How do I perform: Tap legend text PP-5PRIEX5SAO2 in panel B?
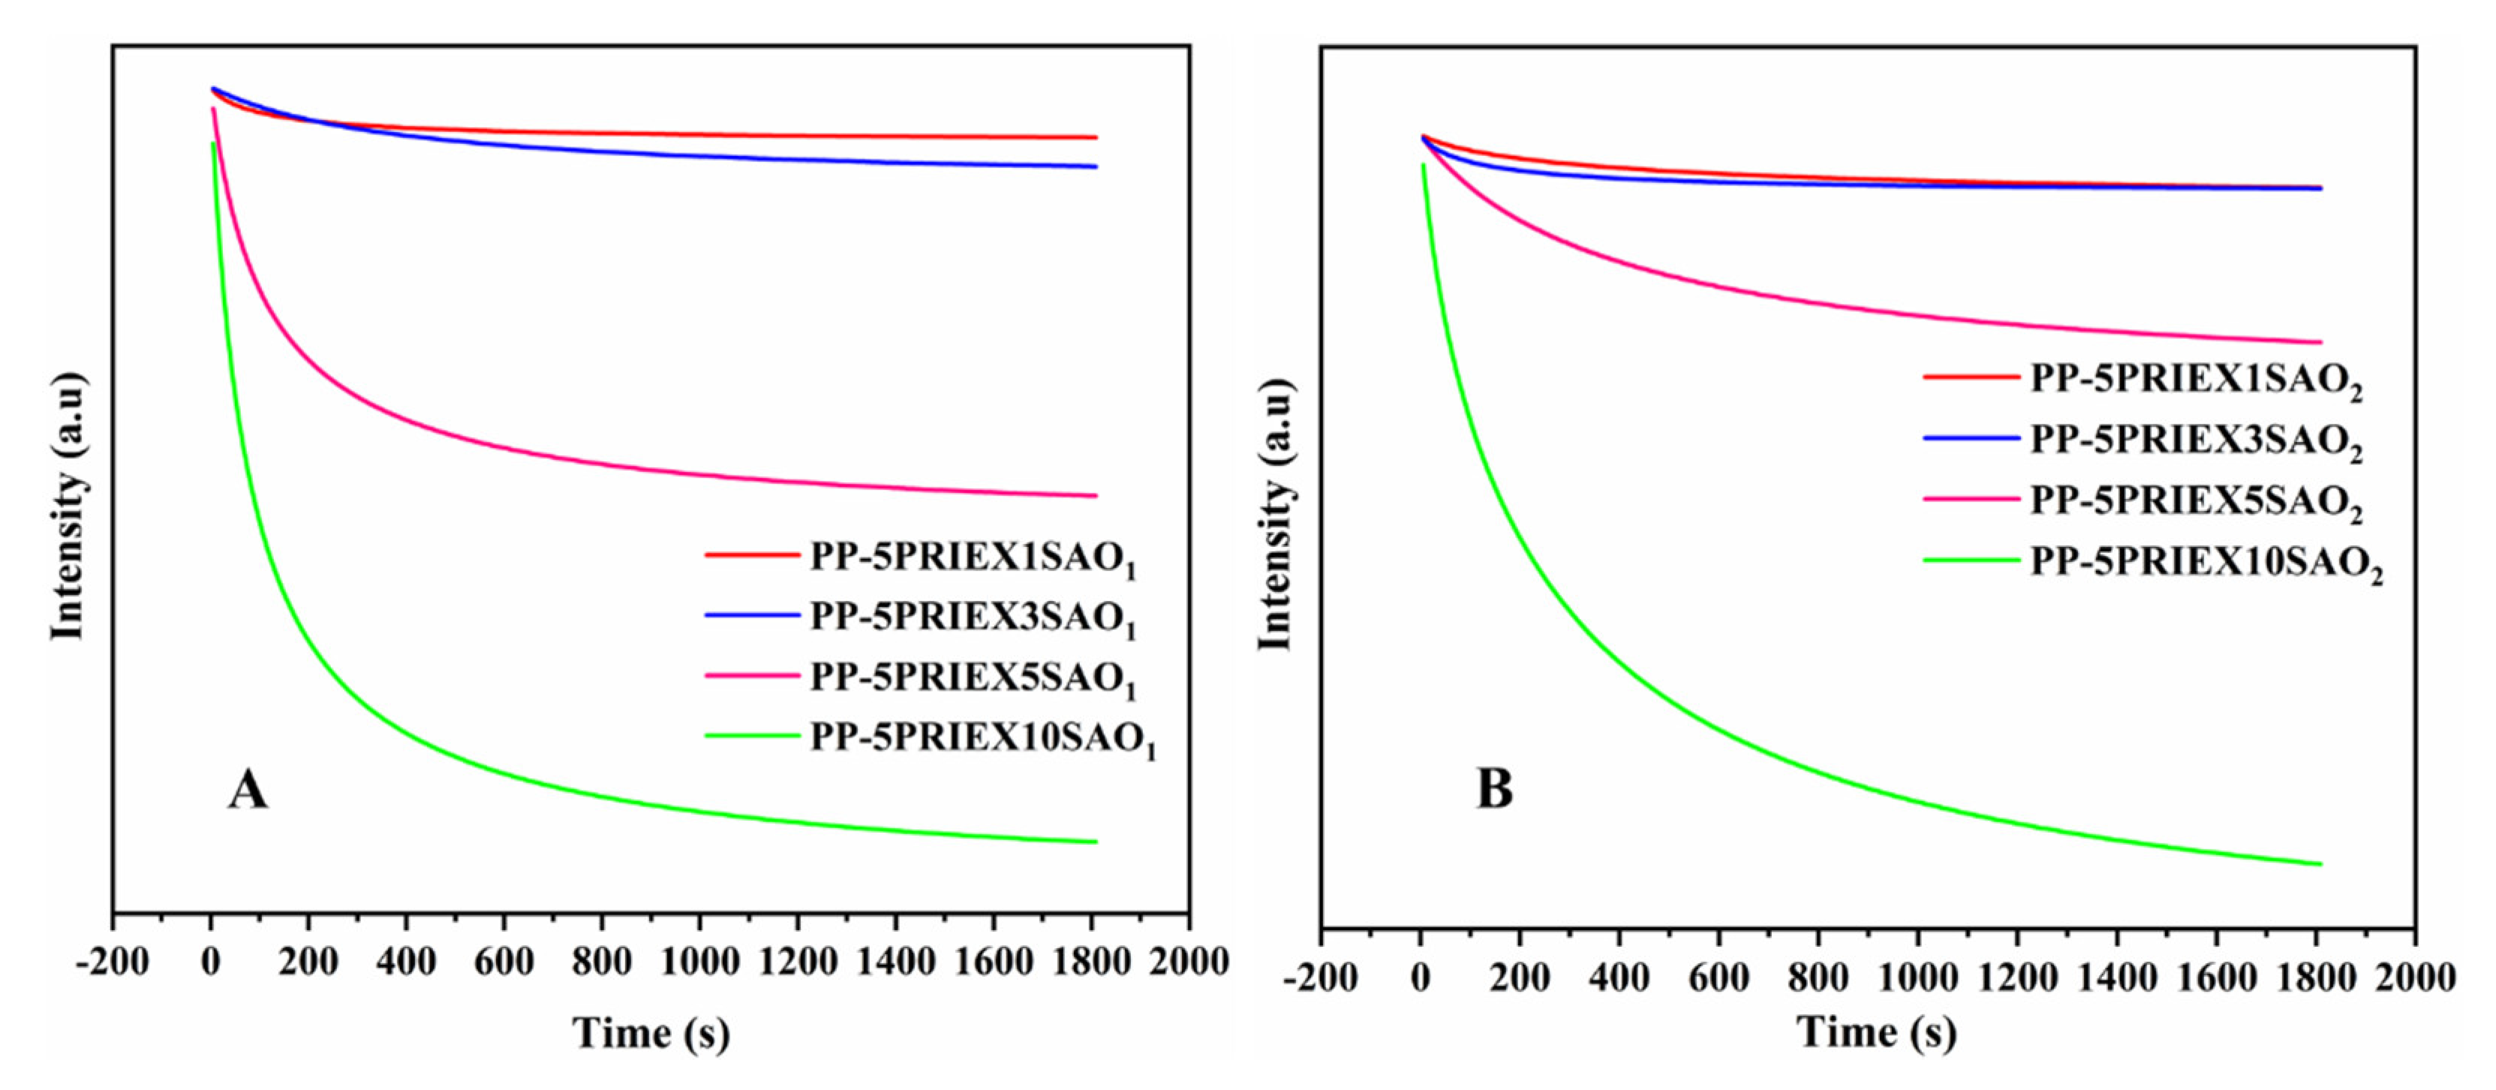(2196, 502)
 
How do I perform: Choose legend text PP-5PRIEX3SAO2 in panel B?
(2196, 441)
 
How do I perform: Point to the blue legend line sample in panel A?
(752, 615)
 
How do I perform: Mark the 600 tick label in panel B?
(1718, 977)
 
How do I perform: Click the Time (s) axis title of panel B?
(1877, 1032)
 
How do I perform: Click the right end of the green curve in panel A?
(1095, 841)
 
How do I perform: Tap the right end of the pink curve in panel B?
(2320, 342)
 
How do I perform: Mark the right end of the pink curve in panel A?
(1095, 496)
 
